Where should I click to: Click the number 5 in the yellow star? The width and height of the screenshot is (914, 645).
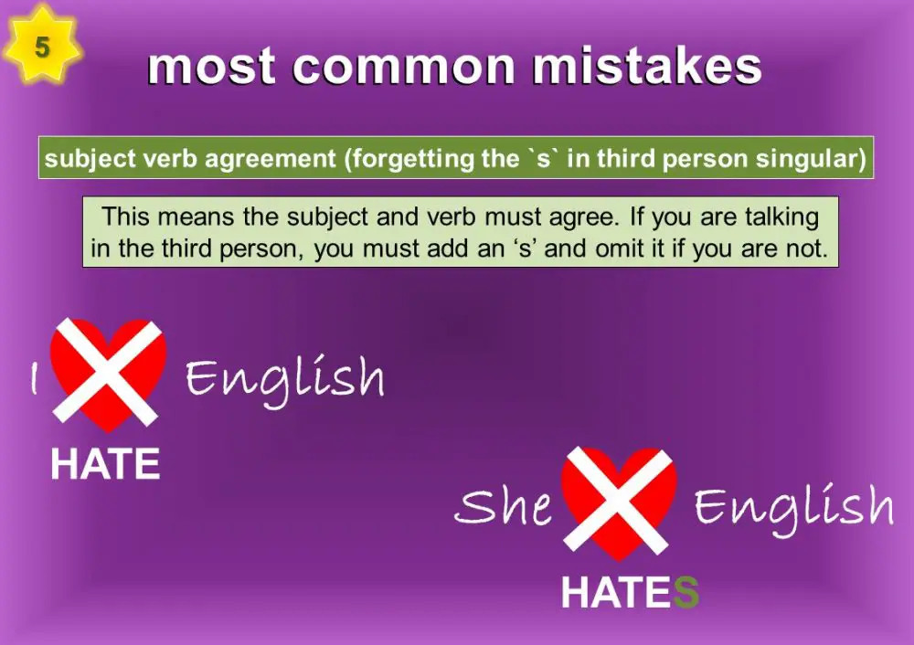point(42,47)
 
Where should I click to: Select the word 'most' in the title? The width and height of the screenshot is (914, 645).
point(212,66)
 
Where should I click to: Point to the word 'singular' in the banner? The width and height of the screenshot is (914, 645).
point(811,158)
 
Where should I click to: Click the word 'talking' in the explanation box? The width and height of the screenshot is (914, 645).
point(783,217)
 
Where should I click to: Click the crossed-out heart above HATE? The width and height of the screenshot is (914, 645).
point(108,374)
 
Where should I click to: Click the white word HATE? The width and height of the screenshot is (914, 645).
point(105,465)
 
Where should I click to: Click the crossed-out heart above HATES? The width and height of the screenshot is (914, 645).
point(619,502)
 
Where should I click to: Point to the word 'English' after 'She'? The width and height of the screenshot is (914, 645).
point(793,508)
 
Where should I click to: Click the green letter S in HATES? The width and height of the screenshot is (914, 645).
point(685,593)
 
